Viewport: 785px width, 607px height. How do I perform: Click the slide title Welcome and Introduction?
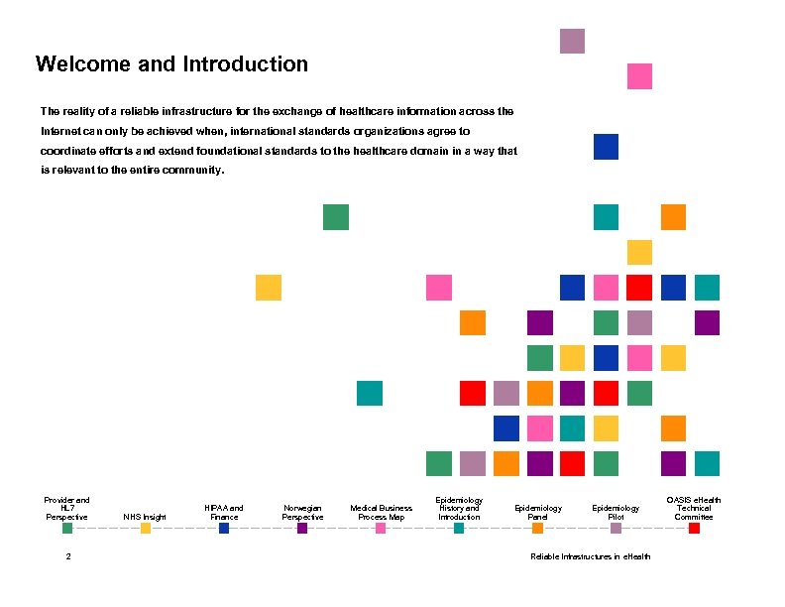[171, 65]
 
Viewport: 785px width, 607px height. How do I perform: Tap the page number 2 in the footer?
[67, 556]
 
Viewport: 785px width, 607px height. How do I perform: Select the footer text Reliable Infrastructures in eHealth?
[591, 556]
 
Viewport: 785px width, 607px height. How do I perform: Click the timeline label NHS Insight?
[145, 517]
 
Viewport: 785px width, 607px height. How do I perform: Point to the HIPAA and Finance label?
[224, 512]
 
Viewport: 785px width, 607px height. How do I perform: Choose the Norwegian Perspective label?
[302, 512]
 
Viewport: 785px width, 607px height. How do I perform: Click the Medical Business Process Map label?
[381, 512]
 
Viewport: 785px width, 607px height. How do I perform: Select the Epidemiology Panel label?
[537, 512]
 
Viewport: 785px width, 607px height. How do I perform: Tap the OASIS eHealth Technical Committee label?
[694, 508]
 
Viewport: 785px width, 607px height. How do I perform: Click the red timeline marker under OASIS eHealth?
[694, 529]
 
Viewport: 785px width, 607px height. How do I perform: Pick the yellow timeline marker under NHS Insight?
[146, 529]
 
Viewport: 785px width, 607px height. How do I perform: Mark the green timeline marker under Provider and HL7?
[67, 529]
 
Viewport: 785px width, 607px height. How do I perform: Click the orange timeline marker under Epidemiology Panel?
[537, 529]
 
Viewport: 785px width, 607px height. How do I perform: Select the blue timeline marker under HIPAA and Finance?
[224, 529]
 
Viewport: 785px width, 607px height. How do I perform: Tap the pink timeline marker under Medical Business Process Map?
[381, 529]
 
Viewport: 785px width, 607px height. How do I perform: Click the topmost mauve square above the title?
[572, 41]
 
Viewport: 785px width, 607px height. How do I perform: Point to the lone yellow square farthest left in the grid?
[268, 288]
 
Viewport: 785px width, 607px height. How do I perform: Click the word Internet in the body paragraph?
[61, 131]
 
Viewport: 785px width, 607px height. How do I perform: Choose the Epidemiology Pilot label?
[616, 512]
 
